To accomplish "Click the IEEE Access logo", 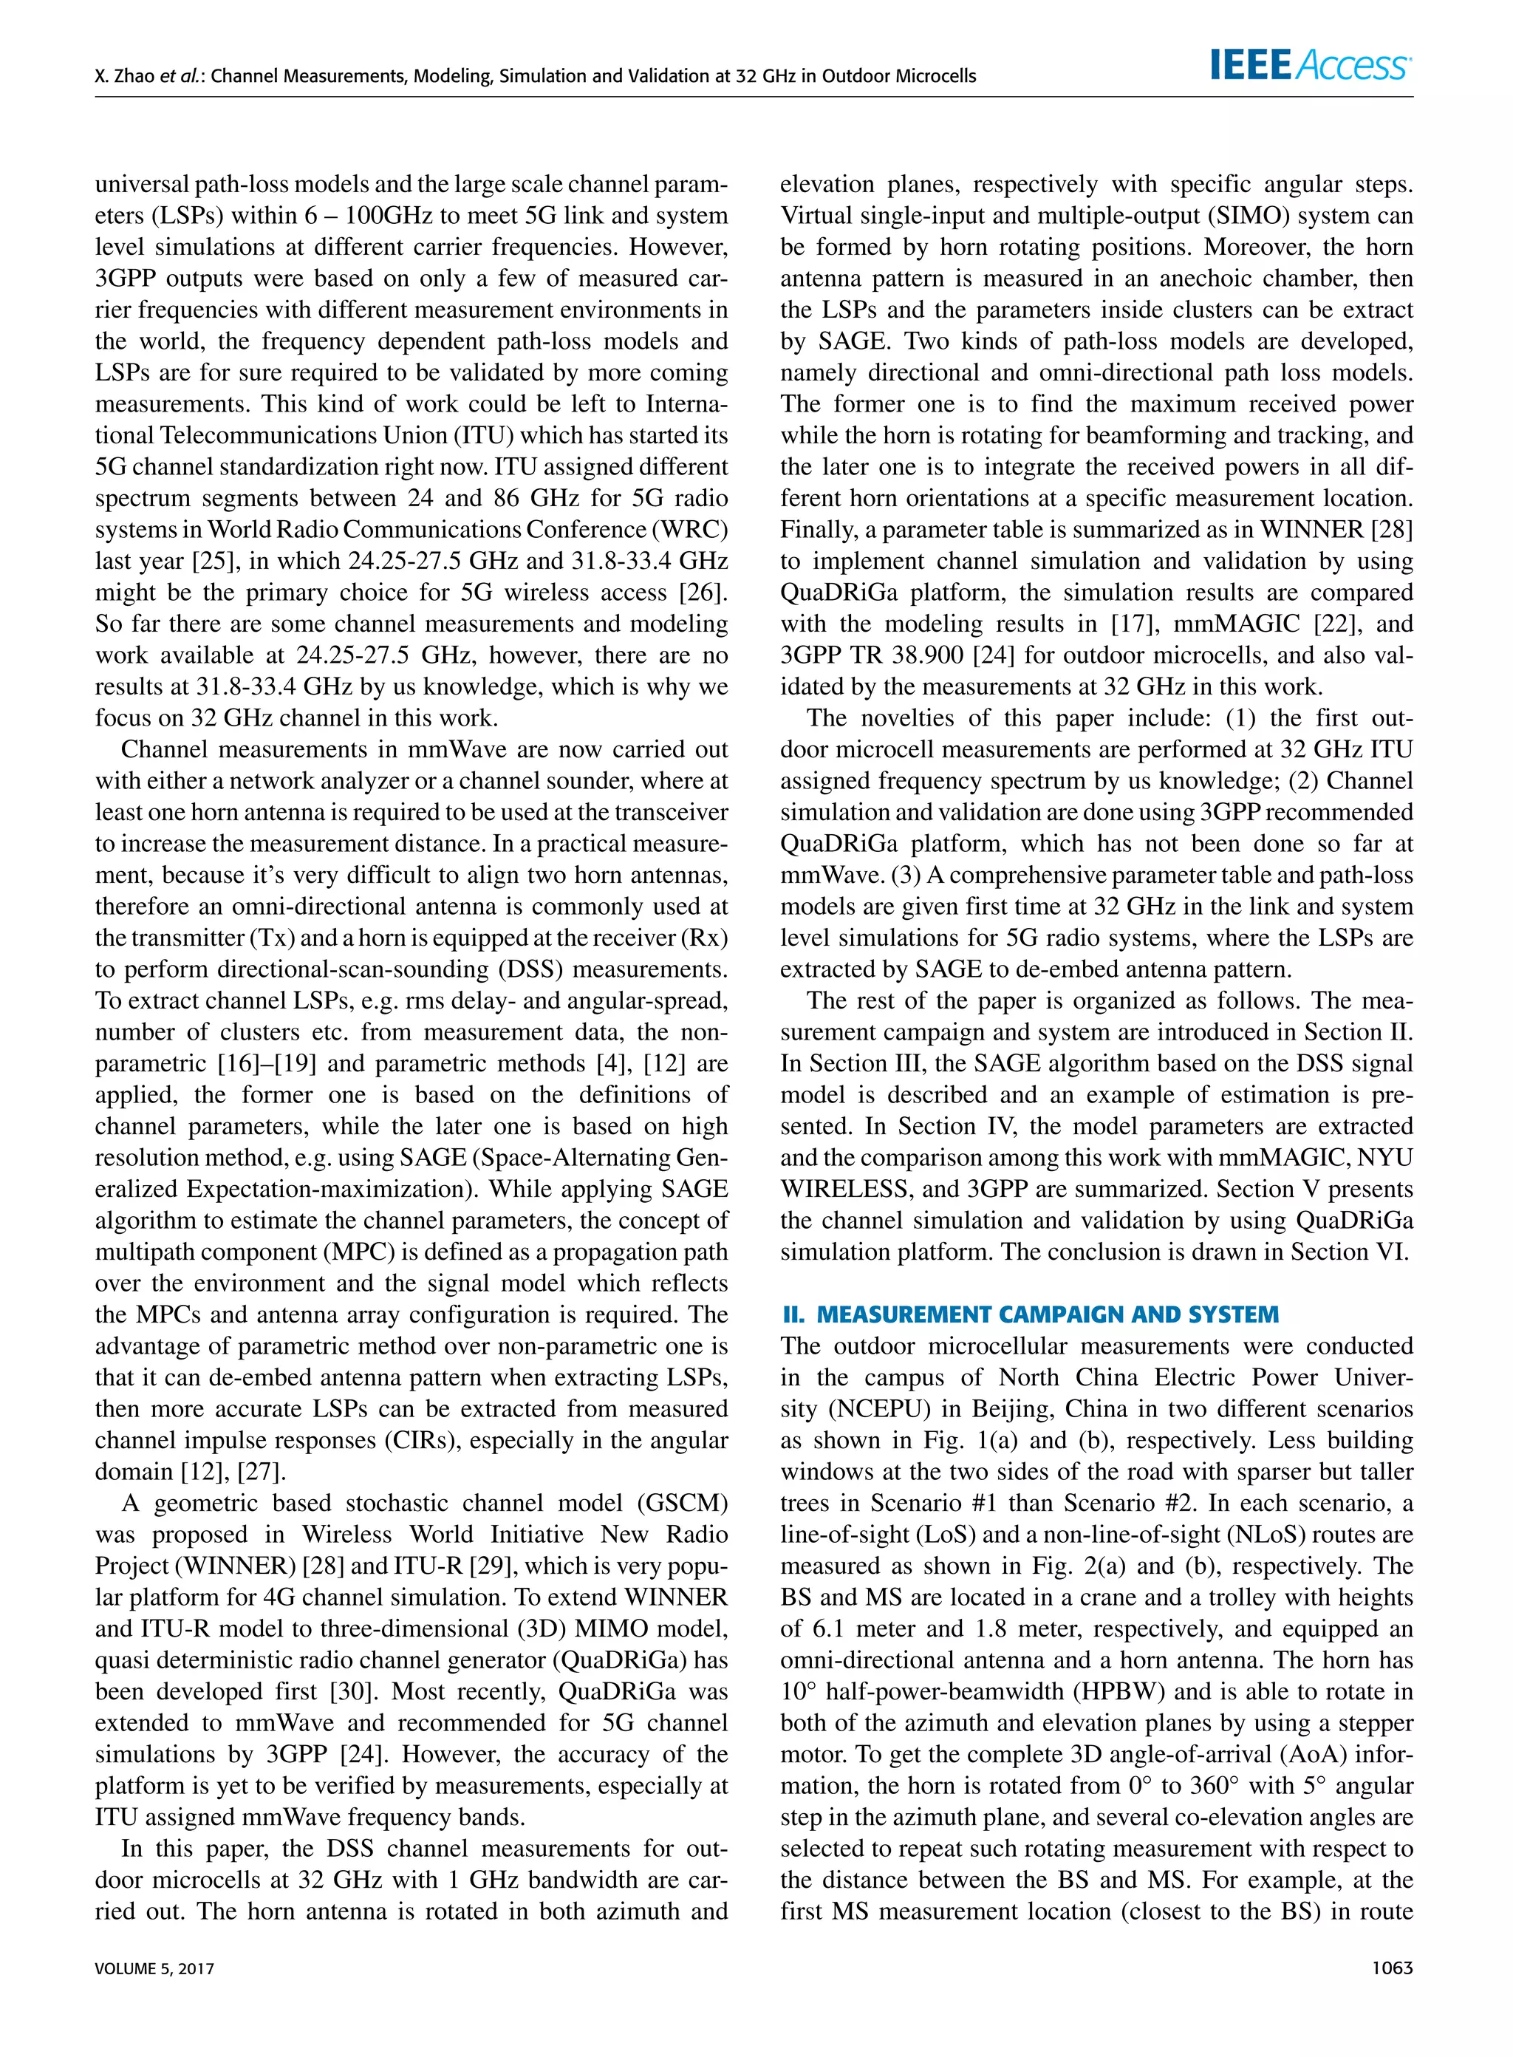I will pyautogui.click(x=1311, y=65).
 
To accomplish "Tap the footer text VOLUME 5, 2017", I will pyautogui.click(x=154, y=1968).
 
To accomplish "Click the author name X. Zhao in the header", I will pyautogui.click(x=126, y=76).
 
